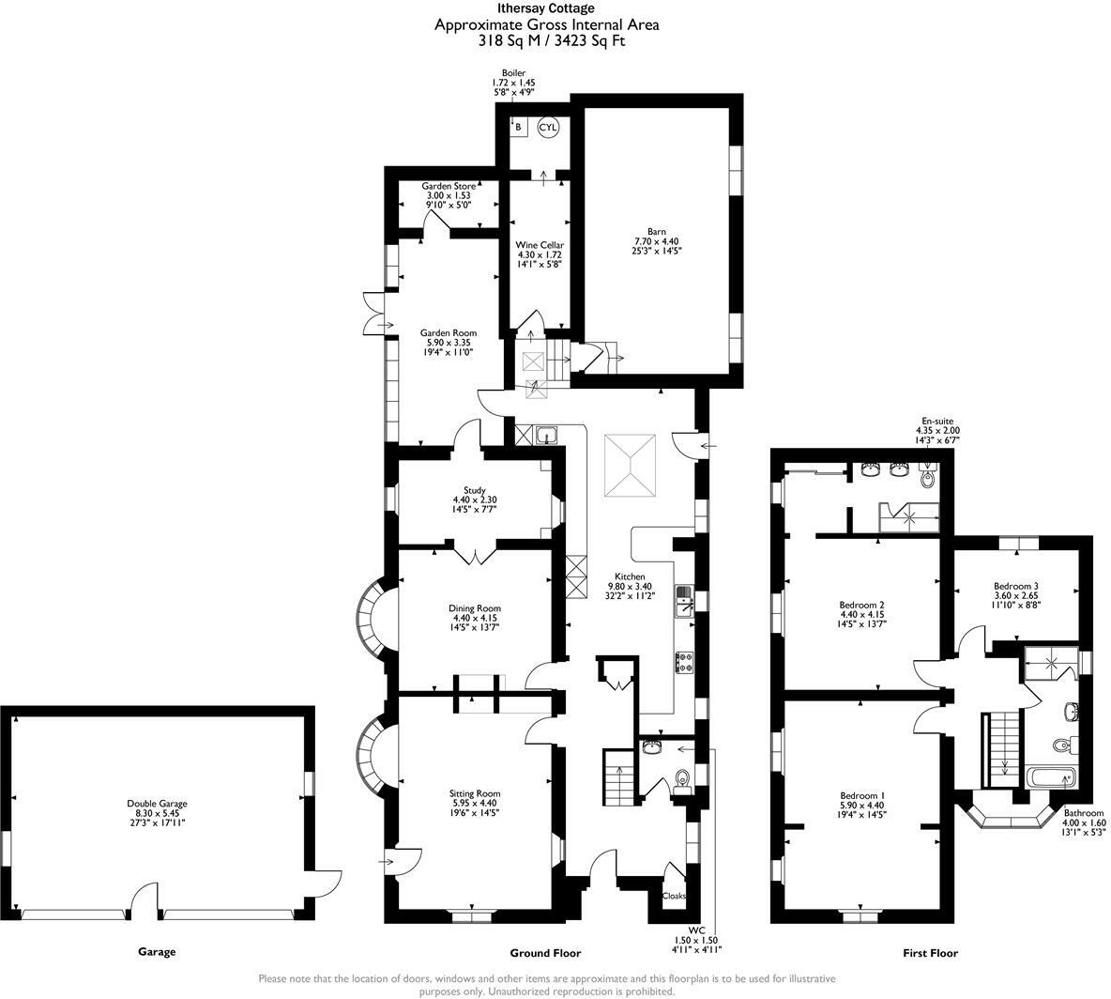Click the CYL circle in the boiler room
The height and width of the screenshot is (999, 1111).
(x=548, y=127)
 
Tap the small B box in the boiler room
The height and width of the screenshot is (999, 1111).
(x=519, y=128)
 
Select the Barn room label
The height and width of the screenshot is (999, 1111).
(x=656, y=241)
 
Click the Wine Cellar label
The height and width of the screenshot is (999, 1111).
(x=540, y=254)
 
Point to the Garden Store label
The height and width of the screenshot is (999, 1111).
(x=449, y=195)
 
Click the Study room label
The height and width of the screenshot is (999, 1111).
(x=475, y=499)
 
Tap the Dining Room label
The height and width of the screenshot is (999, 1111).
(x=475, y=618)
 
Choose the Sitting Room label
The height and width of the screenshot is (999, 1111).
(x=475, y=804)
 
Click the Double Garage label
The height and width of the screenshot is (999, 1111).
(x=157, y=813)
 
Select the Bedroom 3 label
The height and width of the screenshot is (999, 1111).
(x=1016, y=595)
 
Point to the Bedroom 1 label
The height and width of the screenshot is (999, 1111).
(x=861, y=806)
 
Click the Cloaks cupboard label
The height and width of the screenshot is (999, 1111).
(x=674, y=896)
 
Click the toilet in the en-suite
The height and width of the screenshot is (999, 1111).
(x=928, y=477)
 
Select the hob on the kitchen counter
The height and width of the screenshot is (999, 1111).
(x=684, y=663)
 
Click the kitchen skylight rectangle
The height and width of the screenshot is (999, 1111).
(x=630, y=466)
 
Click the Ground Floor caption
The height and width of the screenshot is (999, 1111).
(x=545, y=953)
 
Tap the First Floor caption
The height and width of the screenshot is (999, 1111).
(x=930, y=953)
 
